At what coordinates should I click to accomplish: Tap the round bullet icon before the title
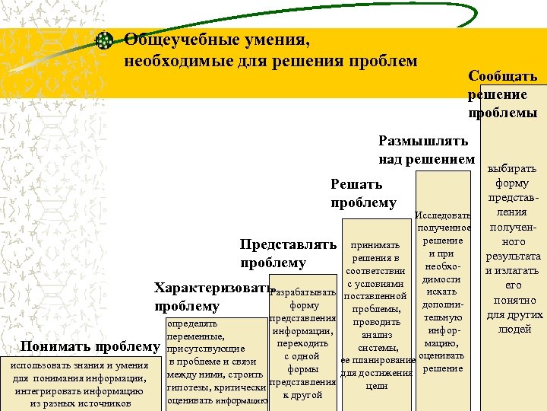point(106,41)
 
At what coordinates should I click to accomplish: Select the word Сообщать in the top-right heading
point(503,76)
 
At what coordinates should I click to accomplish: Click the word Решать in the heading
point(356,184)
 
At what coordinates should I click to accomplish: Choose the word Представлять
point(288,244)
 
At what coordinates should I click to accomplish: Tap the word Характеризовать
point(212,288)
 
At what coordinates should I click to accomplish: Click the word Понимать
point(56,347)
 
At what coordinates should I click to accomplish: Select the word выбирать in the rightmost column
point(513,168)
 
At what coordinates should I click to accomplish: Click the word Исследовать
point(444,215)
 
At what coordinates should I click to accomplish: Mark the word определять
point(192,323)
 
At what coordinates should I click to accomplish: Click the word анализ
point(377,333)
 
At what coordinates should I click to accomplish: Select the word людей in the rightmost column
point(514,329)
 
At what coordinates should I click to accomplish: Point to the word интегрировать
point(49,391)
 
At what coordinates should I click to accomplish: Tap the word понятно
point(514,300)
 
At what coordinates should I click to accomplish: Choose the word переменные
point(194,336)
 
